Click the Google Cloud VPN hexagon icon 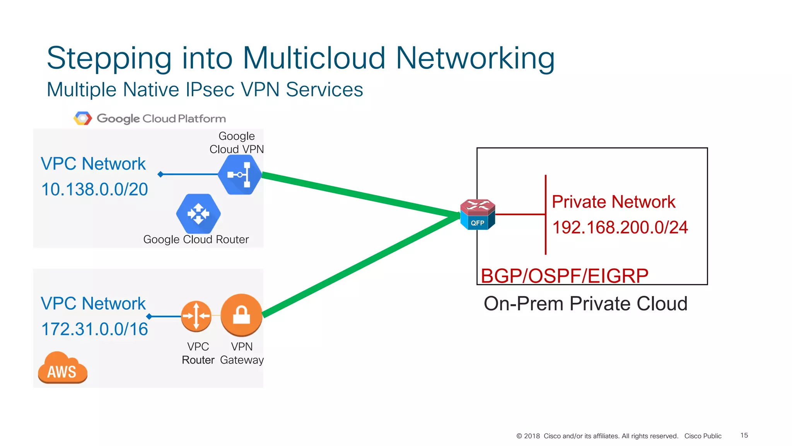click(x=240, y=175)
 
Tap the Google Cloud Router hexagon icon click(x=198, y=214)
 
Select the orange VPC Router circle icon click(x=196, y=316)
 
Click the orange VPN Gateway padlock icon click(x=241, y=315)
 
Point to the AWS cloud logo click(x=62, y=368)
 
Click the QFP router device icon click(x=478, y=214)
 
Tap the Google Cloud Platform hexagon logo click(x=83, y=118)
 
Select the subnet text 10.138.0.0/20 click(x=94, y=190)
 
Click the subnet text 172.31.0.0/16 click(x=94, y=329)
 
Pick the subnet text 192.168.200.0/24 click(x=620, y=228)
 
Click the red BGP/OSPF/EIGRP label click(x=564, y=276)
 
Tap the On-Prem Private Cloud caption click(x=585, y=304)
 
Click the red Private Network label click(x=613, y=202)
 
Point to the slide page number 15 click(x=744, y=436)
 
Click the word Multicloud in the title click(x=314, y=58)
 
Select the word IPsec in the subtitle click(x=210, y=90)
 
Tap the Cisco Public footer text click(x=703, y=436)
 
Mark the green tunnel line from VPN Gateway click(x=360, y=265)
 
